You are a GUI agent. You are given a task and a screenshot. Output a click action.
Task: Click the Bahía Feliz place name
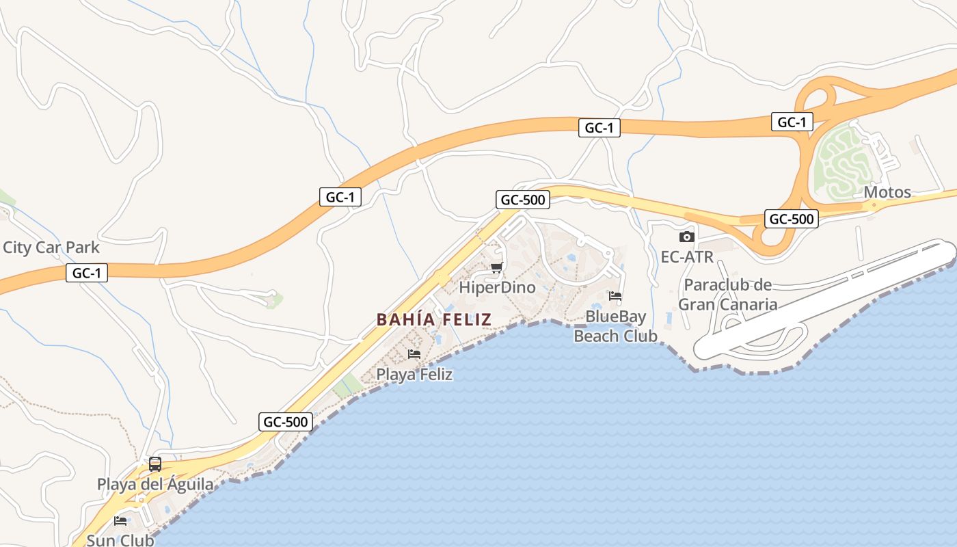(434, 319)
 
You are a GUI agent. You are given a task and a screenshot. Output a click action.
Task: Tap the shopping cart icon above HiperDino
(496, 267)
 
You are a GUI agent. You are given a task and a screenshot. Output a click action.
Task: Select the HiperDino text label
(497, 287)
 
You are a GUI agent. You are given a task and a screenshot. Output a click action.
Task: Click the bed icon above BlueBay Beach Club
(615, 296)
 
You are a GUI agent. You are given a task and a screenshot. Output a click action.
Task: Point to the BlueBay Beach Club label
(615, 326)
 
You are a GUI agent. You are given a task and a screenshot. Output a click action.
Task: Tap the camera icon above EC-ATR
(687, 237)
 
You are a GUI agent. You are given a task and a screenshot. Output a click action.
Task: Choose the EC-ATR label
(687, 257)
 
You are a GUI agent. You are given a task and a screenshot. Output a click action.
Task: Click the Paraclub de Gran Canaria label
(728, 295)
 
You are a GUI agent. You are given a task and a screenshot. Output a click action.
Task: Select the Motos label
(887, 192)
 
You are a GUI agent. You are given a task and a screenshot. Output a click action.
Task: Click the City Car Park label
(51, 248)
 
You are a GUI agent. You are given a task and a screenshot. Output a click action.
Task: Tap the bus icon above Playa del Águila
(155, 464)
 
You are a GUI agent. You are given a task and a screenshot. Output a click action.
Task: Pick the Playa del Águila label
(155, 485)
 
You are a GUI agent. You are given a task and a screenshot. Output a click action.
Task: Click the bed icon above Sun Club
(120, 521)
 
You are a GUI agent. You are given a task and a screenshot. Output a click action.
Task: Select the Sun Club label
(120, 540)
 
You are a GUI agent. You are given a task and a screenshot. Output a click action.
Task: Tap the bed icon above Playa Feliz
(414, 354)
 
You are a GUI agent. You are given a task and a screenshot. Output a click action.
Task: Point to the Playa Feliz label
(414, 375)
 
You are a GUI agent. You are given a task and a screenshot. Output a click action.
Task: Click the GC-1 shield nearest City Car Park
(87, 273)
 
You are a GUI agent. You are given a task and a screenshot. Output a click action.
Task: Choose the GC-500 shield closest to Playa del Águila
(286, 422)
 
